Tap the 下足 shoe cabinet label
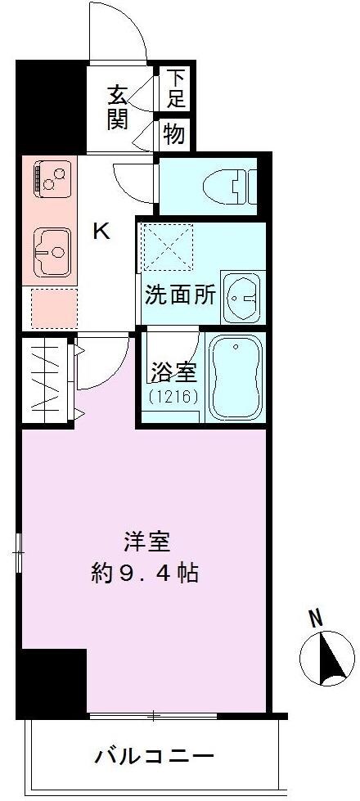(x=176, y=88)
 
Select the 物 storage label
(x=173, y=133)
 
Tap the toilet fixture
(x=238, y=187)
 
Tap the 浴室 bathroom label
(x=173, y=373)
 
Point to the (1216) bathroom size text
(x=173, y=397)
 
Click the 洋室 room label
(x=146, y=542)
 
